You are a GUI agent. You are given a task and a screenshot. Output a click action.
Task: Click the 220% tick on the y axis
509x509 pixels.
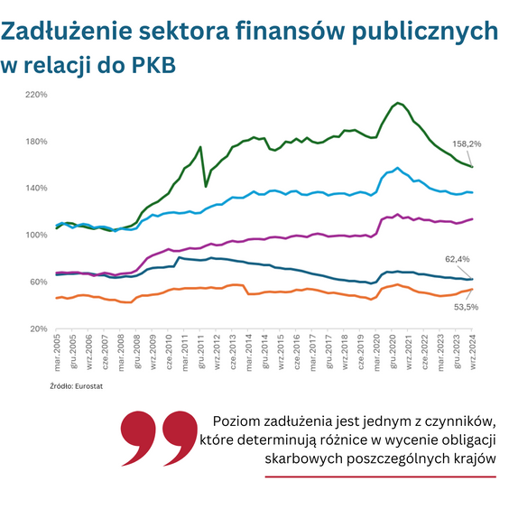[36, 95]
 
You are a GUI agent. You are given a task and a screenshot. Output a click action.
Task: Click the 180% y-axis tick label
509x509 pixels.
[36, 142]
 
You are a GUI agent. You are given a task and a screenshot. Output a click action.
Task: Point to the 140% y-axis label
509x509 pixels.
[36, 189]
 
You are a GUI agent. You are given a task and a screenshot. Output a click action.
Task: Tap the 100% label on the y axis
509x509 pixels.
[36, 236]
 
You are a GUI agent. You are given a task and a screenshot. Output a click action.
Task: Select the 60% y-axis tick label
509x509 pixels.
[38, 282]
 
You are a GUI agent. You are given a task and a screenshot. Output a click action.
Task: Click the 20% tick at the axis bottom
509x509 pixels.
[38, 329]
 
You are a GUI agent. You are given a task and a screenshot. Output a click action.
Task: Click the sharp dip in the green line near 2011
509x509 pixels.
[206, 186]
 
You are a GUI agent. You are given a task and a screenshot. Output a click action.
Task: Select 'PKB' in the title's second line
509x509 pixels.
[152, 66]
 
